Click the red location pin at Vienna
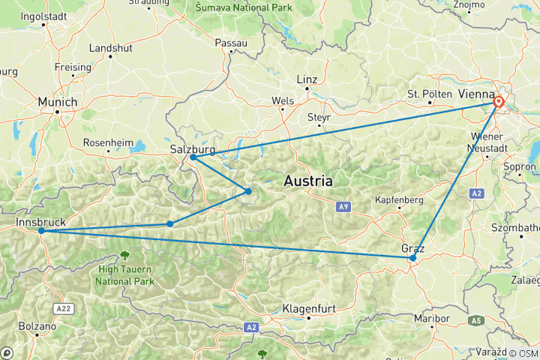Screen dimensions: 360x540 tap(499, 103)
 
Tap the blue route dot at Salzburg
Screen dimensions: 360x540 tap(193, 157)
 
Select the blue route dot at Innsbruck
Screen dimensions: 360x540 tap(41, 231)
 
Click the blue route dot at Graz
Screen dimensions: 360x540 tap(412, 258)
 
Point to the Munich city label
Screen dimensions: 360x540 tap(58, 101)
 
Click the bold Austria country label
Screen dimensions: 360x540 tap(308, 181)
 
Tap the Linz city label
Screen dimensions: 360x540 tap(307, 79)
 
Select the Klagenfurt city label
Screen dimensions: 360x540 tap(307, 308)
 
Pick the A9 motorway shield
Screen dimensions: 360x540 tap(343, 205)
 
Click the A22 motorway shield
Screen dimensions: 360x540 tap(63, 308)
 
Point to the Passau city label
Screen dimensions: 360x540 tap(231, 43)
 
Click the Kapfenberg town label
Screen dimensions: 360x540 tap(400, 201)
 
